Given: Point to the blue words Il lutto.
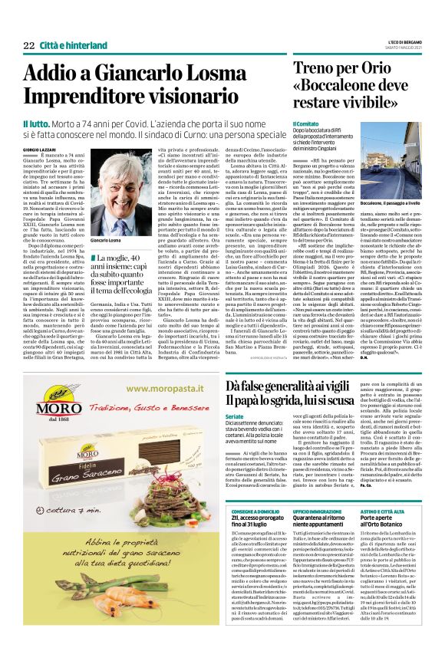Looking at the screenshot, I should coord(37,123).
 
